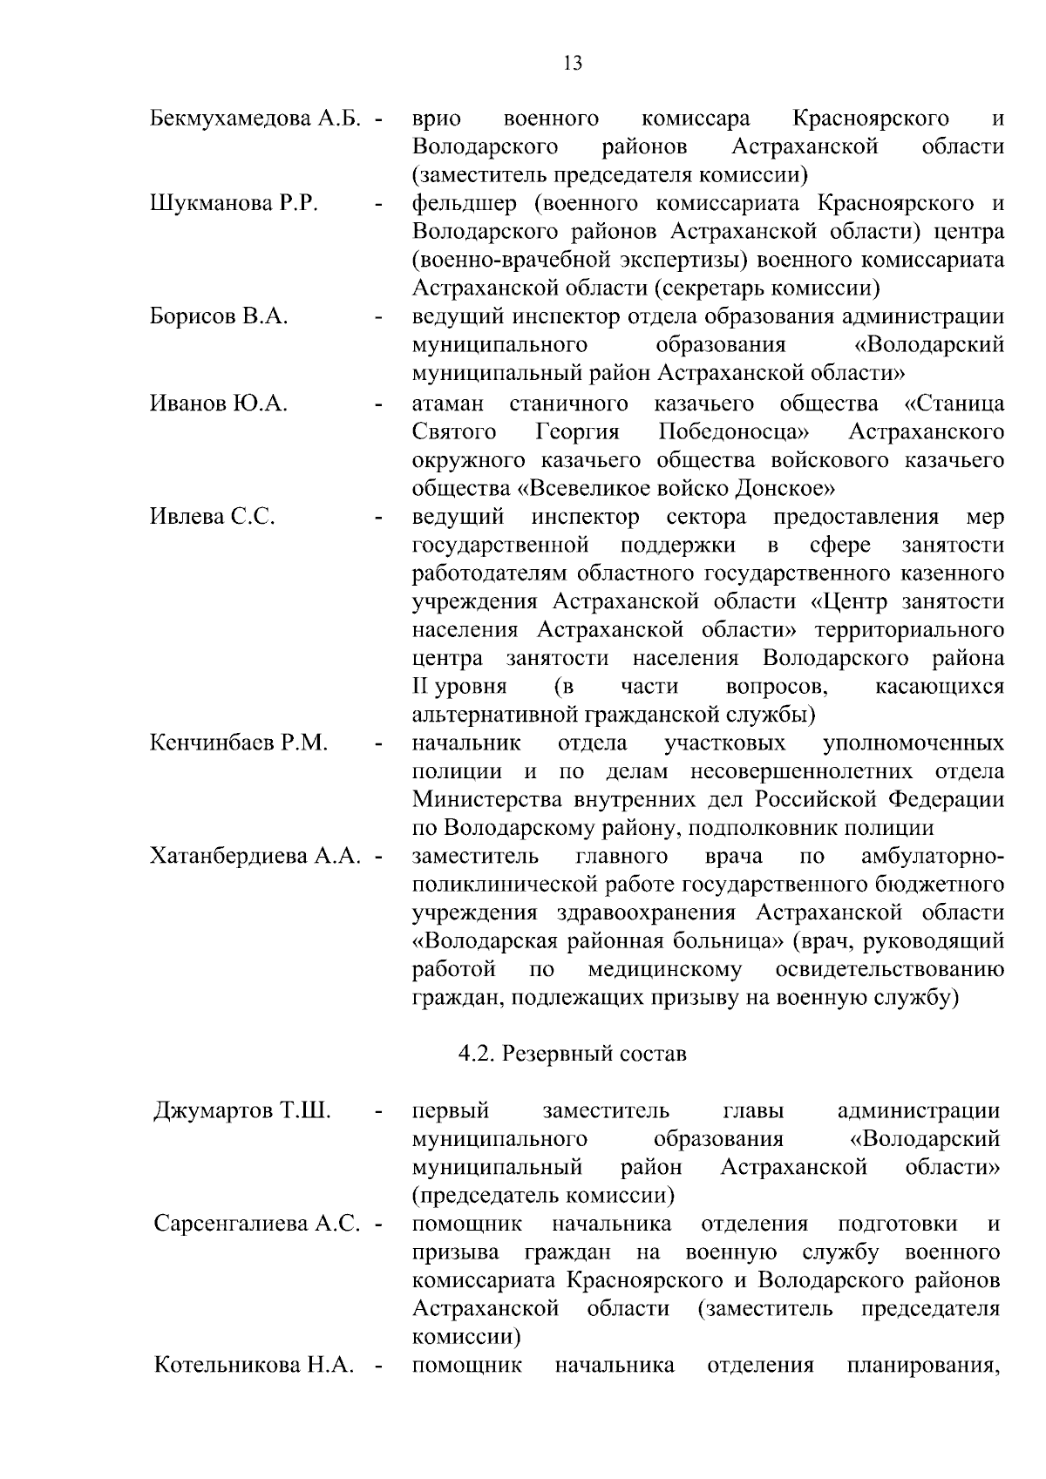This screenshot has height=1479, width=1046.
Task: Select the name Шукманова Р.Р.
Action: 234,204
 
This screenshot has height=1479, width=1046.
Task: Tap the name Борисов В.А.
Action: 219,317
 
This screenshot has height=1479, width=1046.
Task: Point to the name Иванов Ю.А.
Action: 219,404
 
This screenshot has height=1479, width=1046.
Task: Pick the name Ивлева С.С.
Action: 213,517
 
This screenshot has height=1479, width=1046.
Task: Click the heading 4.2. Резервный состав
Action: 573,1055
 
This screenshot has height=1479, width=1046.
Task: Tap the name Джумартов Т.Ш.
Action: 242,1111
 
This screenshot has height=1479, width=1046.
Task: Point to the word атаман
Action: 447,404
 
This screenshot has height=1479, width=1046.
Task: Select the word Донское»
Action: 786,488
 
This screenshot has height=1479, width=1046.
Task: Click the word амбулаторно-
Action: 932,857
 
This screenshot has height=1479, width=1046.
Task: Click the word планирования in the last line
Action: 922,1365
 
